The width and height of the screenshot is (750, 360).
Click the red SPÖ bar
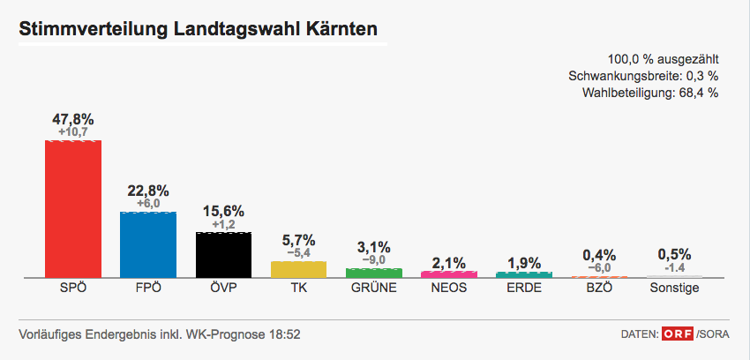[x=73, y=208]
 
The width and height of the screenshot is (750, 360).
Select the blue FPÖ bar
[x=148, y=244]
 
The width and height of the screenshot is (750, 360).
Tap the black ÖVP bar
[x=223, y=255]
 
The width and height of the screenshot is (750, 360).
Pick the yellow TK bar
[x=298, y=269]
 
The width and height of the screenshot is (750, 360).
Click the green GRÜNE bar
[x=374, y=273]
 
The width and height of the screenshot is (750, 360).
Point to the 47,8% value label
[x=73, y=119]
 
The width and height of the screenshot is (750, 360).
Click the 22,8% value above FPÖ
[x=148, y=191]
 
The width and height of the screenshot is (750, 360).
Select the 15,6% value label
[x=223, y=212]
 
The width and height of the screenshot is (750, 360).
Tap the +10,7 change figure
[x=73, y=132]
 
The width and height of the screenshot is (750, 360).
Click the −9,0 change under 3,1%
[x=374, y=260]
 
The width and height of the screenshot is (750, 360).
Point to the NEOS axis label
[x=449, y=288]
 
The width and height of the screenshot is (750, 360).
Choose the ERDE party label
[x=524, y=288]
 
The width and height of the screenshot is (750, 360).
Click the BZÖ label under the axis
[x=599, y=288]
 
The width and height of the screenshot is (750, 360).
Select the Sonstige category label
[x=674, y=288]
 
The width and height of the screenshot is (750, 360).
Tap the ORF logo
[x=677, y=334]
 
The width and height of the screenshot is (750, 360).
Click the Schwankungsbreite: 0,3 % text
[x=643, y=76]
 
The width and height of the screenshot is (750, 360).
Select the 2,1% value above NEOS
[x=449, y=262]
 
